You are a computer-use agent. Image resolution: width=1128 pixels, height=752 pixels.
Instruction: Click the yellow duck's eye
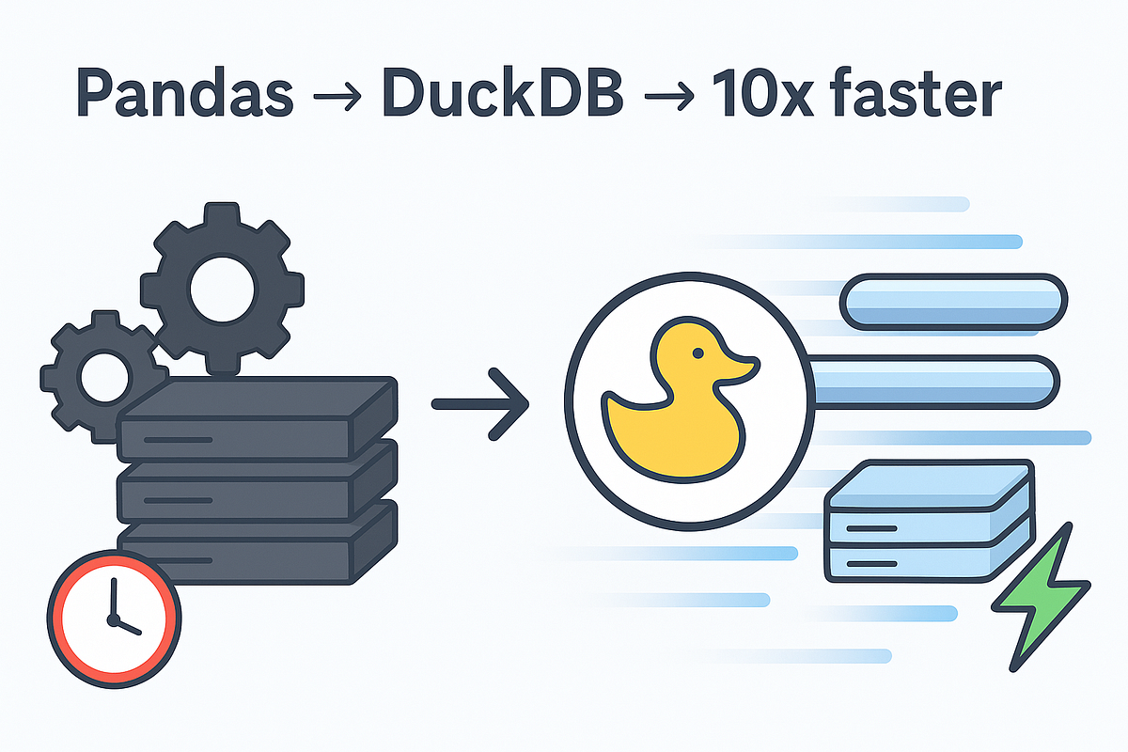click(697, 353)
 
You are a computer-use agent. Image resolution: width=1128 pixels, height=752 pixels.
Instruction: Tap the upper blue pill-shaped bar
click(953, 302)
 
